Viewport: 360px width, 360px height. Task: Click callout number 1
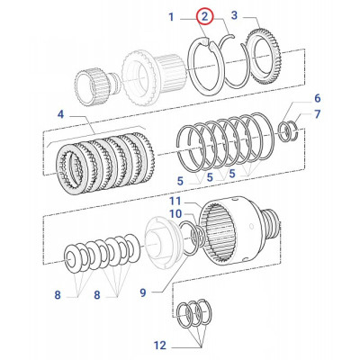coord(170,16)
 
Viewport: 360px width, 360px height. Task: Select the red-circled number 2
coord(205,16)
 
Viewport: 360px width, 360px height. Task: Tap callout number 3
coord(234,16)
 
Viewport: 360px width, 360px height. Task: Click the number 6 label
coord(316,97)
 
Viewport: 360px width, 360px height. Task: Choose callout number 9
coord(143,291)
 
